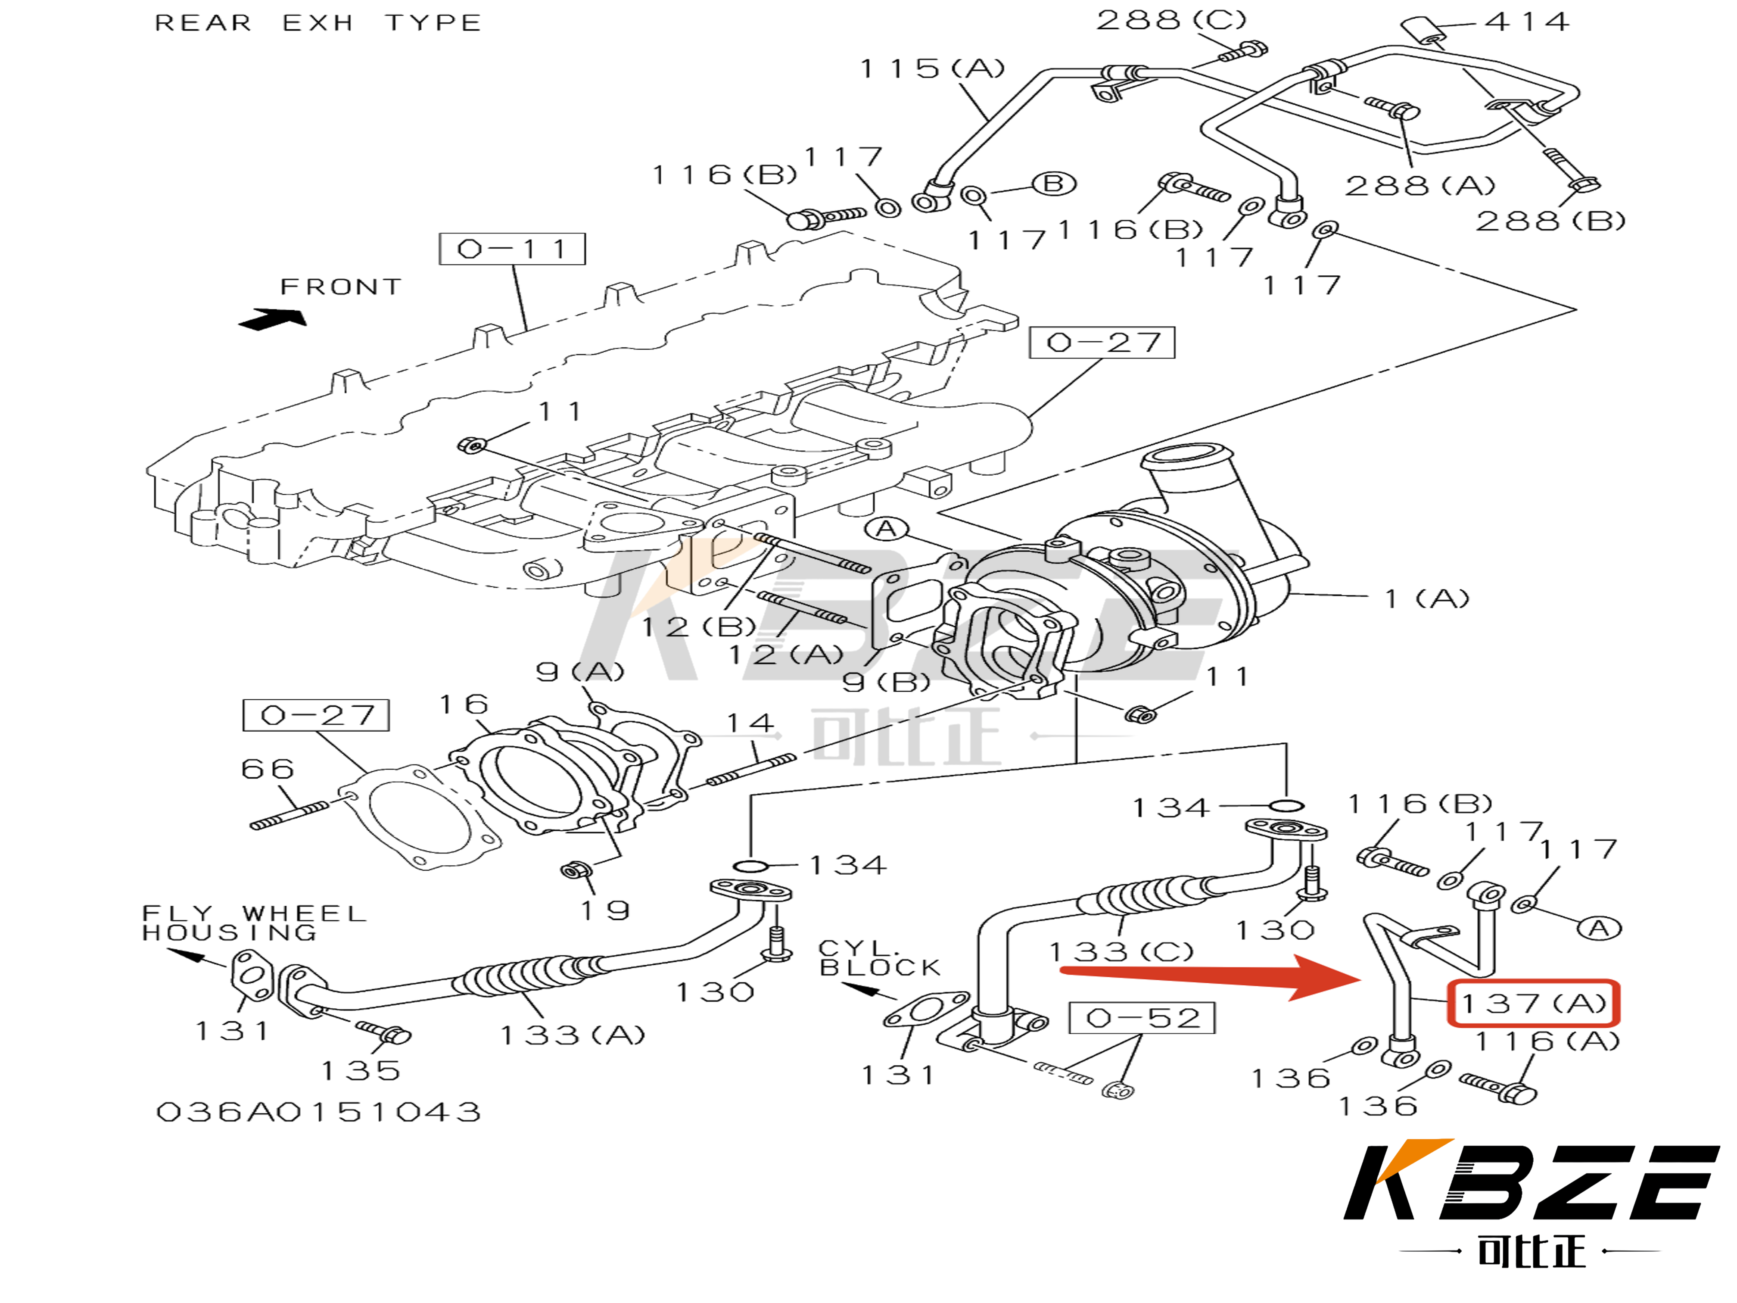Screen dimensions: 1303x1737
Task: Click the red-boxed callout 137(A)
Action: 1533,1003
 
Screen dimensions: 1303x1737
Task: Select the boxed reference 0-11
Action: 512,249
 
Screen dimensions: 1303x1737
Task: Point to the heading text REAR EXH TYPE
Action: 318,23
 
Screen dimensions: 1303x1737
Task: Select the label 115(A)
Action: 932,69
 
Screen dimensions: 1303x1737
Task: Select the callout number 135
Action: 361,1070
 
